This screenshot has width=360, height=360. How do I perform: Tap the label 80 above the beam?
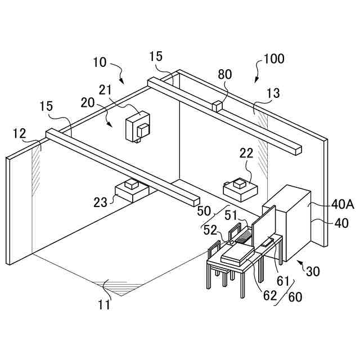[x=224, y=74]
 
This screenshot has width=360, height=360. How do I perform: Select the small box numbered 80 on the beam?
[x=217, y=105]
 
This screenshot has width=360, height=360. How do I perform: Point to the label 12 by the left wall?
[x=19, y=133]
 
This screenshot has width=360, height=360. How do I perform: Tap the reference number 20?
[x=87, y=102]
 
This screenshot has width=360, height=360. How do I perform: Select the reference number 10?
[x=100, y=62]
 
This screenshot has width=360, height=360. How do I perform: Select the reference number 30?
[x=313, y=271]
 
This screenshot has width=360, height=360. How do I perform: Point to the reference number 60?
[x=295, y=296]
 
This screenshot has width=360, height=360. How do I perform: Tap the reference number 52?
[x=210, y=229]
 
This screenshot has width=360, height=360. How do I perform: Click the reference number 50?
[x=204, y=211]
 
